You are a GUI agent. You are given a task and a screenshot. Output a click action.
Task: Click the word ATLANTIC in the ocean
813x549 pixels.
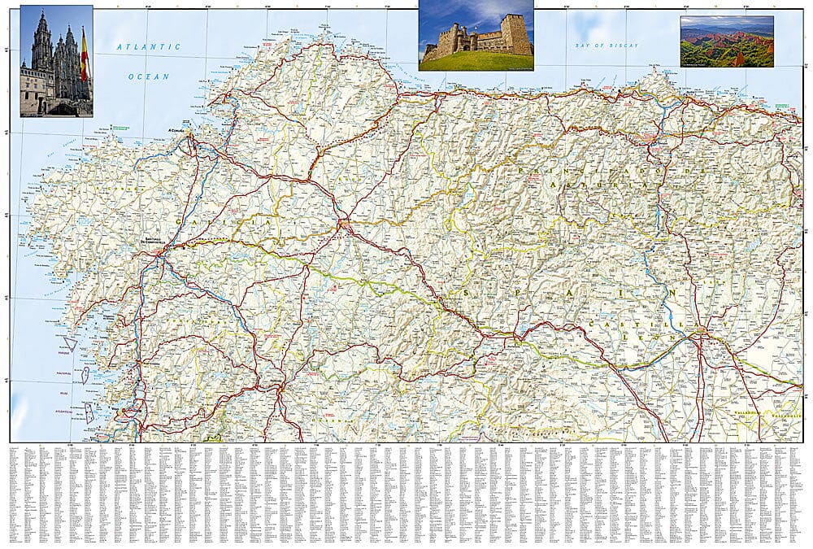click(x=148, y=47)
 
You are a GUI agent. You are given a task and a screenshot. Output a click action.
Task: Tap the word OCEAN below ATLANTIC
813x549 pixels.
click(x=148, y=76)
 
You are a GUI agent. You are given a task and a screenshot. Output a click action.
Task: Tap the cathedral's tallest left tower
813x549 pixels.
click(x=41, y=45)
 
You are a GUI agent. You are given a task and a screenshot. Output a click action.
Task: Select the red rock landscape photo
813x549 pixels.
click(x=727, y=41)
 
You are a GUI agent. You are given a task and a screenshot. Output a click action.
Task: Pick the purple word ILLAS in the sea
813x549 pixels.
click(x=63, y=391)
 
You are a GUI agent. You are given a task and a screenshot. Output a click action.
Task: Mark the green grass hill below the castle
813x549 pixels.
click(x=476, y=62)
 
